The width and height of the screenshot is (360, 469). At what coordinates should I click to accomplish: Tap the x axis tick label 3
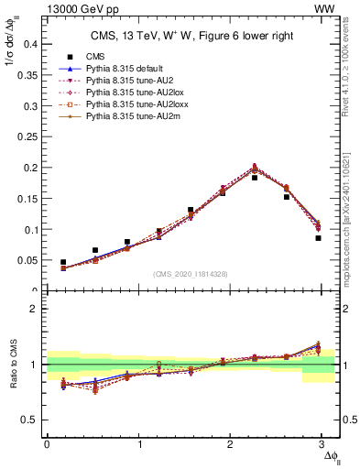[x=322, y=443]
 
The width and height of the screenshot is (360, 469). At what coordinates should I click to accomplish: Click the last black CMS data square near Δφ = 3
[x=318, y=238]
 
